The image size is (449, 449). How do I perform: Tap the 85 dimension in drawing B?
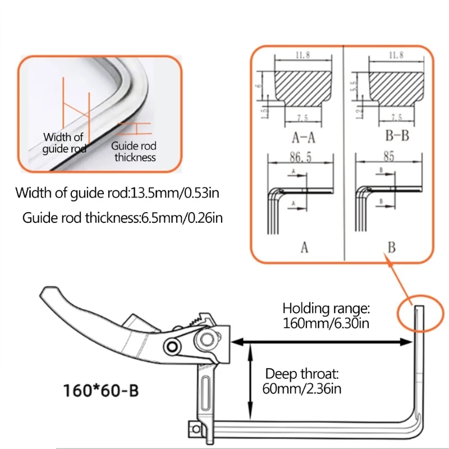pyautogui.click(x=388, y=156)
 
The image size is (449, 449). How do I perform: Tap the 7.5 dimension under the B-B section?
pyautogui.click(x=396, y=117)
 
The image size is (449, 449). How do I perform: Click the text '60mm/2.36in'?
pyautogui.click(x=302, y=388)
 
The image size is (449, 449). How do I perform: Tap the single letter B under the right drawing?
pyautogui.click(x=391, y=248)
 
